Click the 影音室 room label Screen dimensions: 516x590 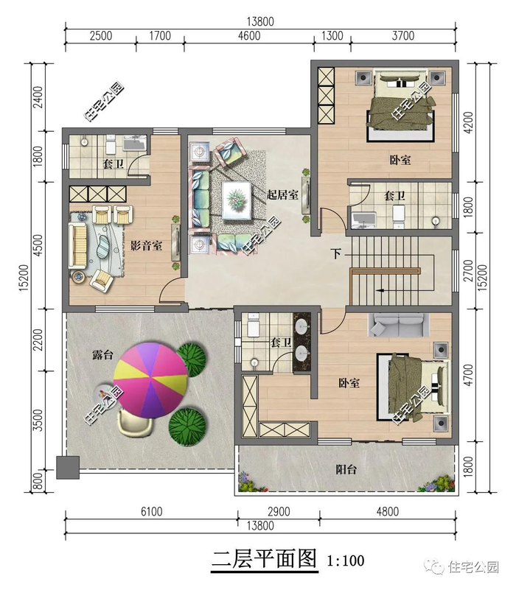[x=146, y=246]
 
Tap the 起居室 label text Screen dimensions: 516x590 [x=282, y=194]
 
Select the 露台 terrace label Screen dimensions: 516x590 [x=102, y=354]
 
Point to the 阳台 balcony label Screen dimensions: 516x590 [x=346, y=469]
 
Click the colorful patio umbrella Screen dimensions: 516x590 [x=150, y=379]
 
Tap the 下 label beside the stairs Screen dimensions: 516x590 [x=336, y=253]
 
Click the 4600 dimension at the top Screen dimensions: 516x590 [x=249, y=36]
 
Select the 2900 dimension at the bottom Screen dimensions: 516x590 [x=279, y=511]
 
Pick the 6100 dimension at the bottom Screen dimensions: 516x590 [x=151, y=511]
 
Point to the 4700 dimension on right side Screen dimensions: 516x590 [x=468, y=374]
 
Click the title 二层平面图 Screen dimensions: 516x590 [x=265, y=559]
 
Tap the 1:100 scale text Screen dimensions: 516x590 [x=346, y=561]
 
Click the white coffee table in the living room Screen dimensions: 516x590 [x=237, y=200]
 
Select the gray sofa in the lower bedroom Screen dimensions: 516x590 [x=398, y=324]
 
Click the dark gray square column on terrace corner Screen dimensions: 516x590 [x=68, y=467]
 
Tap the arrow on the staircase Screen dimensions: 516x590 [x=380, y=290]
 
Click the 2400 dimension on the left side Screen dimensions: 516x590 [x=38, y=97]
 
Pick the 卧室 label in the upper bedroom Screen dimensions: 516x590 [x=400, y=160]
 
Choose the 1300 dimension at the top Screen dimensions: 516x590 [x=332, y=36]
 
